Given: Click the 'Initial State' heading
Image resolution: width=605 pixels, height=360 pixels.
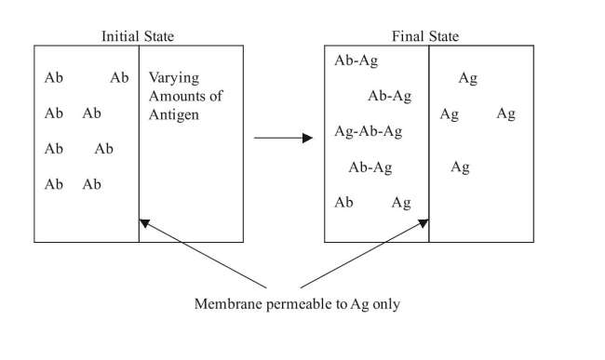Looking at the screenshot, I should pos(138,36).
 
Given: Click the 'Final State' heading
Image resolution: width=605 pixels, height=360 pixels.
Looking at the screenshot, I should pos(426,36).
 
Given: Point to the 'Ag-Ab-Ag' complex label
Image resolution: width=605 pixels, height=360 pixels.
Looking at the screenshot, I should pos(368,132).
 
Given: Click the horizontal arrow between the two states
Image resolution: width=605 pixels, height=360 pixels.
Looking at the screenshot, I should pos(283,139).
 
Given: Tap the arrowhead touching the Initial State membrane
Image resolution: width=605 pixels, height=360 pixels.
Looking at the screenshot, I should pos(142,221).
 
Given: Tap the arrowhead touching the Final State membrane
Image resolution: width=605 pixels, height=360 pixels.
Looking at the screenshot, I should pos(424,221).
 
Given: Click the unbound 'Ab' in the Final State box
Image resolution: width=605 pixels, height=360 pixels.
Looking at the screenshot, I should pos(343,203).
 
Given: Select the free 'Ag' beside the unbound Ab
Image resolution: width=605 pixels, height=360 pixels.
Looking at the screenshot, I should pos(401,203).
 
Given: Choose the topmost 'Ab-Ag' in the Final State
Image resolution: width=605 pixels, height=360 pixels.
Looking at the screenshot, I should pos(356,61).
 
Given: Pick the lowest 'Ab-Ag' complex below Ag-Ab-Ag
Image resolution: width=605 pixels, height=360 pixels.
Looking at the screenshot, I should pos(370,167).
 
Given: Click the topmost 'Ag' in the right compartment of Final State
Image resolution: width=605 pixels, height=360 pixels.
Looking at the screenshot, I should pos(467,79).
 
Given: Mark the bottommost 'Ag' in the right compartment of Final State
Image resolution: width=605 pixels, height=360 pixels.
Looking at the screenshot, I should pos(460,167).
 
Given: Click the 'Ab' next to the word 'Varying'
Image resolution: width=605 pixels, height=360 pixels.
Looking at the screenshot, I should pos(119,78).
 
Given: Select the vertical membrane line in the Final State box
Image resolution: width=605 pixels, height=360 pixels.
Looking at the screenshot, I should pos(429,140).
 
